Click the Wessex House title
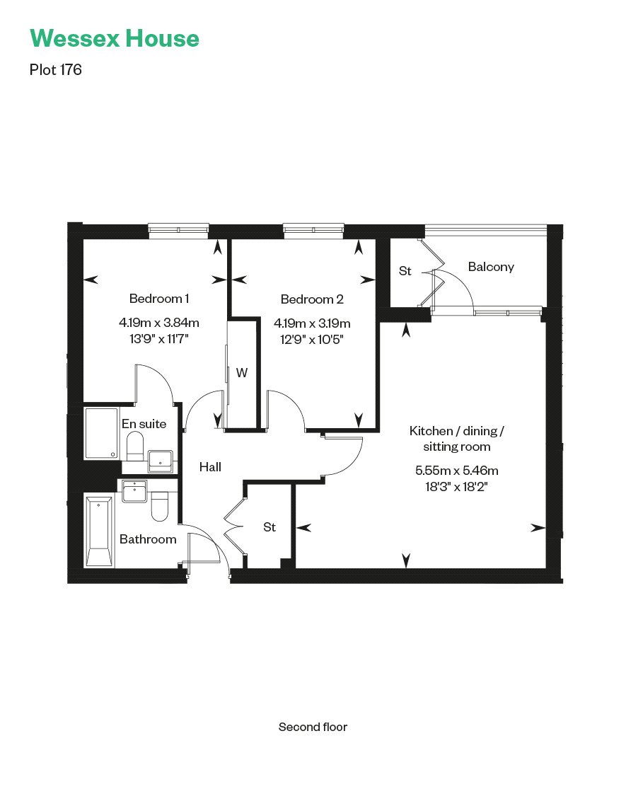[114, 38]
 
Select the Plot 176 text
[56, 70]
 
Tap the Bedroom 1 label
[158, 298]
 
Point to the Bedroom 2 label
[312, 299]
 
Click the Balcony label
[491, 267]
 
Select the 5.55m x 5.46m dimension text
[457, 471]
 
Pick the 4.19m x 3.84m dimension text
[159, 323]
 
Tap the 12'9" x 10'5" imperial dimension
[312, 338]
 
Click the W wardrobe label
[242, 373]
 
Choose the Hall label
[210, 466]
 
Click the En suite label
[144, 424]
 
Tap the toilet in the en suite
[135, 447]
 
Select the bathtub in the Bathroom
[98, 531]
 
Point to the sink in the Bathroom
[134, 490]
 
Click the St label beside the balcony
[405, 270]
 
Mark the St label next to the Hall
[269, 527]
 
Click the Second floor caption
[313, 727]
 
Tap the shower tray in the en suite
[101, 433]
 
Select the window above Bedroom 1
[179, 229]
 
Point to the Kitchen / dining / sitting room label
[457, 439]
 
